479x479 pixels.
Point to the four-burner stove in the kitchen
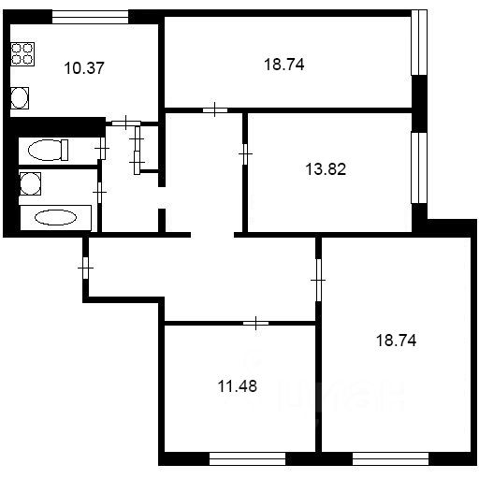pos(23,53)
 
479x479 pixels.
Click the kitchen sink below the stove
pos(22,96)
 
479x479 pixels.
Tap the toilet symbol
pos(46,149)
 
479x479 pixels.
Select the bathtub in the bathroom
pos(55,218)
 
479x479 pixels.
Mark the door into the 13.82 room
pos(245,151)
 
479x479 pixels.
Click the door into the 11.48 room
pos(256,323)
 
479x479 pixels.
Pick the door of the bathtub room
pos(99,191)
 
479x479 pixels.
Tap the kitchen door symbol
pos(127,121)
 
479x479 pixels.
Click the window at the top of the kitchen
pos(90,15)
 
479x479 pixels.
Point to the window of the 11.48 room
pos(247,458)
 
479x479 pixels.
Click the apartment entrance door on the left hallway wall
pos(85,269)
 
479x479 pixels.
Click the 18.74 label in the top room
pos(284,65)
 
